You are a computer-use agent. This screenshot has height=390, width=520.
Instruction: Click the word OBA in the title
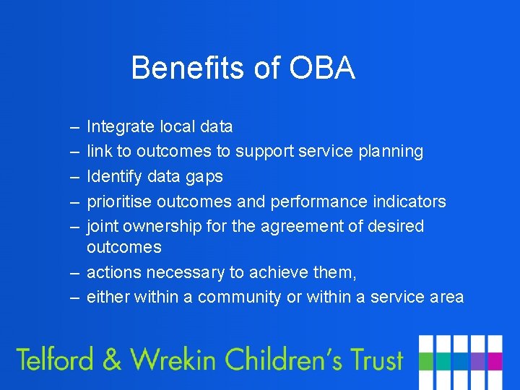point(322,68)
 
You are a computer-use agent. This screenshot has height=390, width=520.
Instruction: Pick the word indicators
point(412,201)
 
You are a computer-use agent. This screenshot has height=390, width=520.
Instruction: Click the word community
point(239,298)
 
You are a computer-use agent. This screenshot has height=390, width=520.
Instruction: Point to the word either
point(105,298)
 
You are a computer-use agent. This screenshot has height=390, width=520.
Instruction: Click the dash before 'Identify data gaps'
point(75,176)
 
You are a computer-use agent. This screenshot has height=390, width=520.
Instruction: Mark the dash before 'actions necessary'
point(75,272)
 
